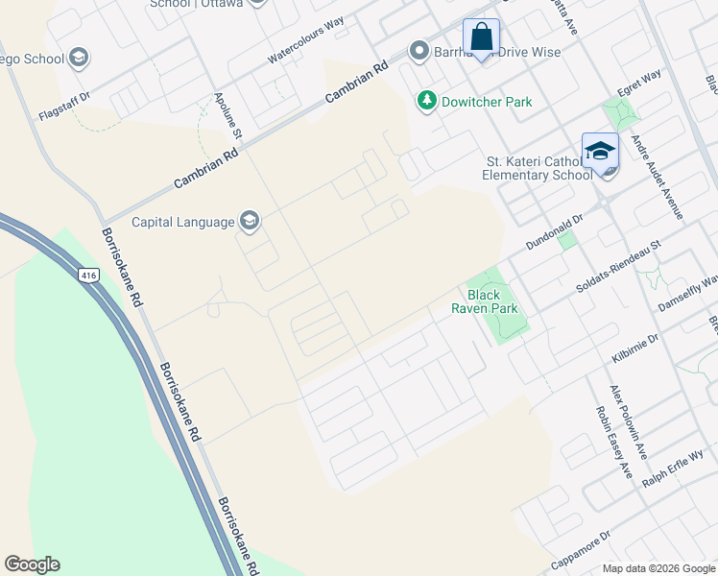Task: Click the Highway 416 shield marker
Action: pos(88,275)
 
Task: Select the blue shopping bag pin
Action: pos(481,39)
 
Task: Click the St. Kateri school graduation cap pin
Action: pos(600,153)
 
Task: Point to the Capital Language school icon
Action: pos(250,222)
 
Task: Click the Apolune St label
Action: pos(227,120)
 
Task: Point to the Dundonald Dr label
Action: pos(554,233)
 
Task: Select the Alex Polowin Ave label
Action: pos(630,422)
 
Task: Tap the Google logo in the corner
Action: pos(32,564)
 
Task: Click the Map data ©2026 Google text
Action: pos(658,568)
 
